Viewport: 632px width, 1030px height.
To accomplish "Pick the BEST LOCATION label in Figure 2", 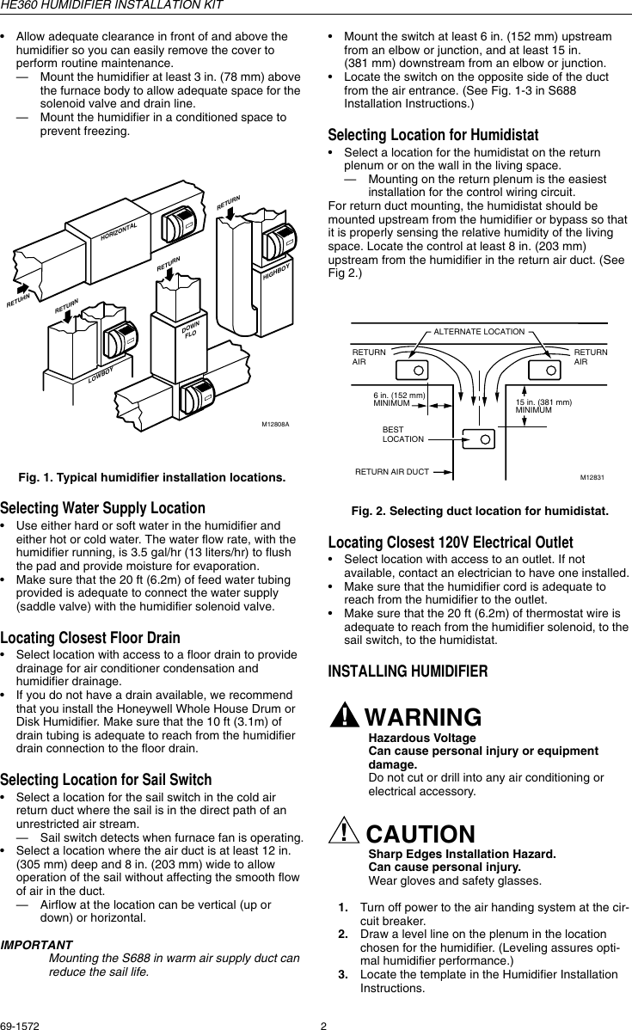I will point(402,434).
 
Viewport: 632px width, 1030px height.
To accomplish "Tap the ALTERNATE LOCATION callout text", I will point(479,331).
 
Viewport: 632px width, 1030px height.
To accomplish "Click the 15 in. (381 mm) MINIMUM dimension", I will point(543,406).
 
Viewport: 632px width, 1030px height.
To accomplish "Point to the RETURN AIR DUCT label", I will point(391,472).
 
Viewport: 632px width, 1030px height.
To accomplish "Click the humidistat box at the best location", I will point(478,438).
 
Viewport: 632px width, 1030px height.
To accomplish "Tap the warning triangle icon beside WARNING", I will point(346,716).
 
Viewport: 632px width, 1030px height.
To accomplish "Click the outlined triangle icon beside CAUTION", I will point(346,833).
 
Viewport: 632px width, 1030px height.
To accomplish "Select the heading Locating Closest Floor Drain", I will point(90,638).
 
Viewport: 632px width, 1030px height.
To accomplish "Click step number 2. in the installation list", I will point(342,934).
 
